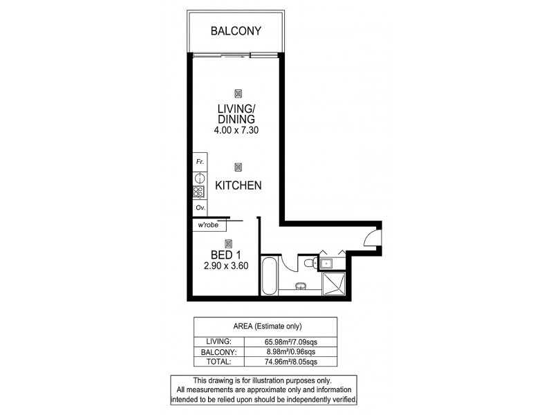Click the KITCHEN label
coord(238,185)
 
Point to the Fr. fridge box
coord(199,162)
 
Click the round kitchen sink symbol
coord(198,178)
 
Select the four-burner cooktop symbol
coord(198,192)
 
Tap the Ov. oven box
coord(199,207)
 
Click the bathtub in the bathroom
coord(268,277)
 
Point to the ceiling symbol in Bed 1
coord(227,242)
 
